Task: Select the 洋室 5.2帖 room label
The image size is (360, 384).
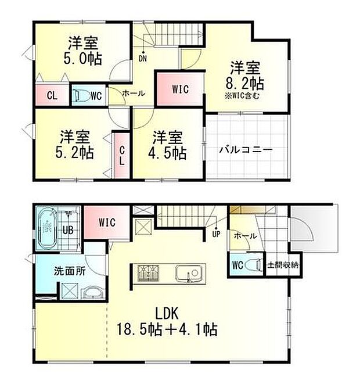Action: pos(75,145)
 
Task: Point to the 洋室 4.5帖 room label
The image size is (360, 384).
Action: pos(168,145)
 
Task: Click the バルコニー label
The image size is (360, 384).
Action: pos(246,149)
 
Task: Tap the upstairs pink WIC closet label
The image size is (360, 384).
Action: pos(179,89)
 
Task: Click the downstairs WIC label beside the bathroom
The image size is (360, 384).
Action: pos(107,222)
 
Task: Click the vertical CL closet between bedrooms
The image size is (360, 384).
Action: pos(122,156)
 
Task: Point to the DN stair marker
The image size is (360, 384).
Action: pos(142,58)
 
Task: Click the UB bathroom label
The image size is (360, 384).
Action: pos(68,229)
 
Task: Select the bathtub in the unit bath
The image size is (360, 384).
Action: pos(46,229)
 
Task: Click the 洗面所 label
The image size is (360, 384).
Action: pos(67,271)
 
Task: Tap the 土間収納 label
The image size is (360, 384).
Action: pos(282,265)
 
